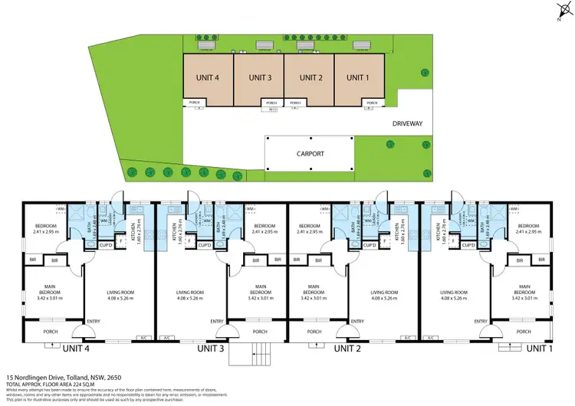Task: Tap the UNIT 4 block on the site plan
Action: coord(208,77)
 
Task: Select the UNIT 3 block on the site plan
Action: coord(259,77)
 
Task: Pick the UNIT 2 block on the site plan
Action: coord(310,77)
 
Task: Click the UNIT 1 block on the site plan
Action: coord(356,77)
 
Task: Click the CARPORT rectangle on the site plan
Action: coord(310,153)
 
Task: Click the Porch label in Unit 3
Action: coord(260,332)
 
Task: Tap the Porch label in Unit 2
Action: coord(314,332)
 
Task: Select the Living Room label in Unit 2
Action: coord(386,292)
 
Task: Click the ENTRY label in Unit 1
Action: coord(481,321)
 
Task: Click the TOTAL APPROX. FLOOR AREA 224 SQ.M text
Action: coord(53,384)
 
